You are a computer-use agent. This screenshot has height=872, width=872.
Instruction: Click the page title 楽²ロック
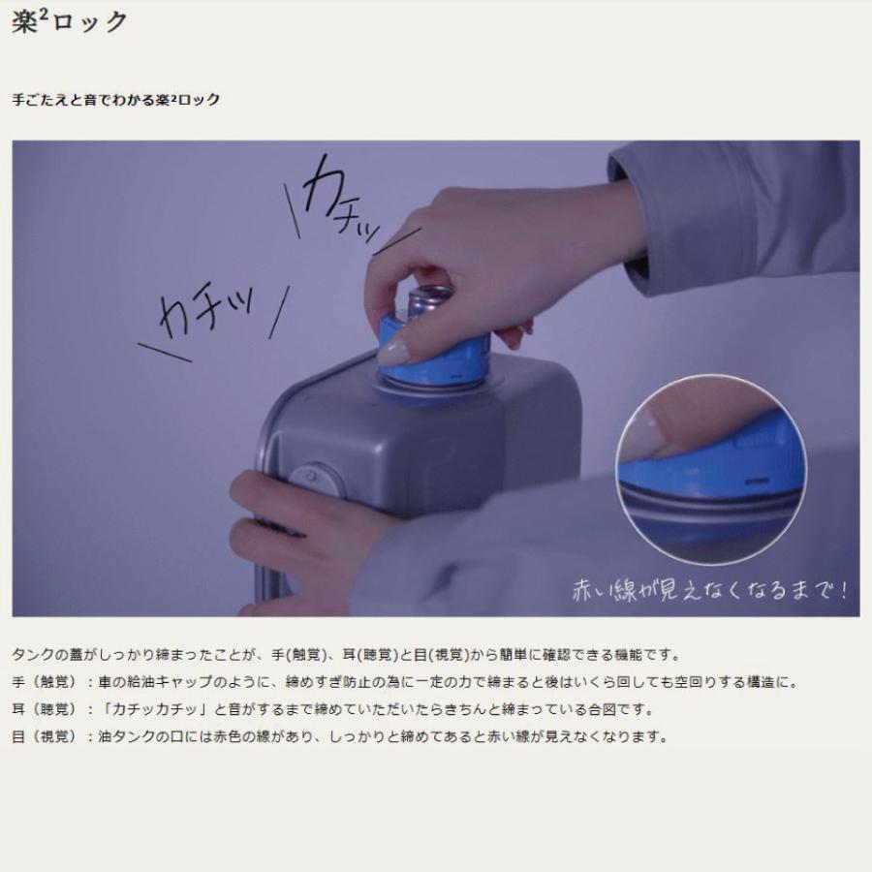pyautogui.click(x=70, y=22)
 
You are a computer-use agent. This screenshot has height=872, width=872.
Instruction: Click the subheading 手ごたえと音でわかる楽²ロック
pyautogui.click(x=116, y=100)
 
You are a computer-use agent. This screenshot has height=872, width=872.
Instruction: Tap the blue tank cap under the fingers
pyautogui.click(x=434, y=351)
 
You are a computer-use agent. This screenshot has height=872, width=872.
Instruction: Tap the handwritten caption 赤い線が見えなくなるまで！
pyautogui.click(x=710, y=590)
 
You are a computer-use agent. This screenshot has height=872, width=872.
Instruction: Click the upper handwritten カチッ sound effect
pyautogui.click(x=340, y=201)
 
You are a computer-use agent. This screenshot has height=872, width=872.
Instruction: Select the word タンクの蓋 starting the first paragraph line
pyautogui.click(x=47, y=655)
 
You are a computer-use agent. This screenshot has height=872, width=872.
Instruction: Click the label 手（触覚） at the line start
pyautogui.click(x=44, y=682)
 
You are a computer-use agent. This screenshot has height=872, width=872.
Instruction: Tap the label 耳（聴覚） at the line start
pyautogui.click(x=44, y=709)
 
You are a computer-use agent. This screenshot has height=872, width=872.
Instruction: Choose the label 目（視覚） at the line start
pyautogui.click(x=44, y=736)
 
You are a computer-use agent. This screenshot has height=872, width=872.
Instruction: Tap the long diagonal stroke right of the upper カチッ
pyautogui.click(x=397, y=241)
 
